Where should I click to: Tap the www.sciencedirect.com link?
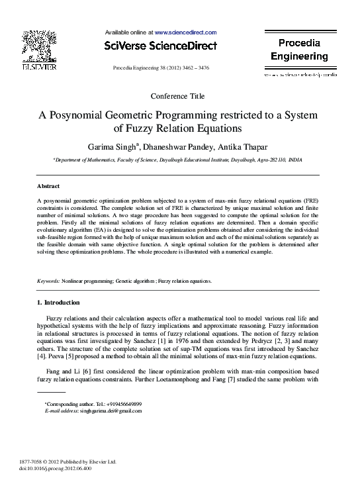(185, 32)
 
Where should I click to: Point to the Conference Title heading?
(178, 96)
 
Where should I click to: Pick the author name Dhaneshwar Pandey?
(178, 146)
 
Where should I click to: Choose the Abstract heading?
(48, 187)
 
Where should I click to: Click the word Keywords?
(48, 281)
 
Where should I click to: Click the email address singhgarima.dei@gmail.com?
(111, 411)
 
